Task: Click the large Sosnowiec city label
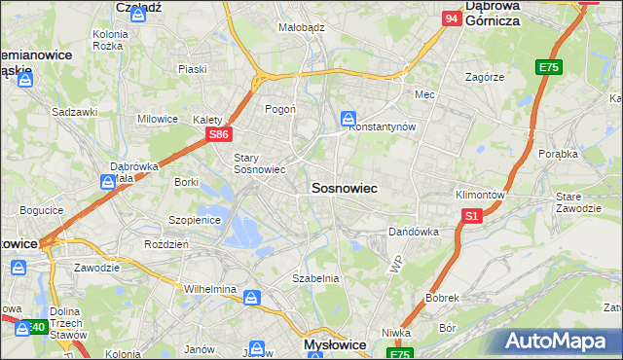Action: tap(345, 186)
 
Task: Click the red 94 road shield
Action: tap(450, 18)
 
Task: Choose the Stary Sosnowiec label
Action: tap(258, 162)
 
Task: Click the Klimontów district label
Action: tap(480, 195)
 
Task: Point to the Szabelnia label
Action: tap(315, 278)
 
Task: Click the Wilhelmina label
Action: tap(210, 290)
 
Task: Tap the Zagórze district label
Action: tap(484, 76)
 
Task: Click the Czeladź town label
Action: tap(136, 7)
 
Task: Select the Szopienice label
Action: tap(196, 220)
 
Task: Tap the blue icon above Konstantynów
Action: tap(348, 119)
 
